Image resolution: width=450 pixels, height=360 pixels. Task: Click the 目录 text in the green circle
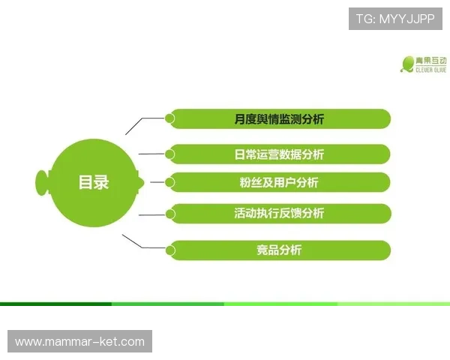click(x=94, y=182)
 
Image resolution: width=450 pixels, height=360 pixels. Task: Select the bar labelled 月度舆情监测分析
click(x=279, y=118)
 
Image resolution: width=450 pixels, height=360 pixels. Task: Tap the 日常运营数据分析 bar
click(x=279, y=154)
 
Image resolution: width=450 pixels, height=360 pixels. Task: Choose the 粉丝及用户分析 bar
click(x=279, y=182)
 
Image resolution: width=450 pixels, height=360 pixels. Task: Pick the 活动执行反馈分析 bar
click(x=279, y=213)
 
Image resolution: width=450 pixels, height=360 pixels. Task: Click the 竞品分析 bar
click(x=279, y=250)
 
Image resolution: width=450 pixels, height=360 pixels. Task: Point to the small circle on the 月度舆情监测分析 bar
click(x=170, y=118)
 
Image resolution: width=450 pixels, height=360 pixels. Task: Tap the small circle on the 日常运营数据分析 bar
click(x=170, y=154)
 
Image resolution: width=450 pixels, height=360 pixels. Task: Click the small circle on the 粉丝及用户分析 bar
click(x=170, y=182)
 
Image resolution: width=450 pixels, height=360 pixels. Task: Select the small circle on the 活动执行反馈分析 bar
click(x=170, y=214)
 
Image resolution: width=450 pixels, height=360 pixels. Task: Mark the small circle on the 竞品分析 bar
click(x=170, y=250)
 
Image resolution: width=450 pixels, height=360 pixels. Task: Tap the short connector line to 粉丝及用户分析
click(x=157, y=181)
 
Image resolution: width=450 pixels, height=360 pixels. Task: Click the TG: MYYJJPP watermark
click(x=395, y=18)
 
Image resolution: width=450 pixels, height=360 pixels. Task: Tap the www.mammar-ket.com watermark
click(x=80, y=342)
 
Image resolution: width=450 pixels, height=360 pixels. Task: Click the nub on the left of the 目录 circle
click(x=42, y=181)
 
